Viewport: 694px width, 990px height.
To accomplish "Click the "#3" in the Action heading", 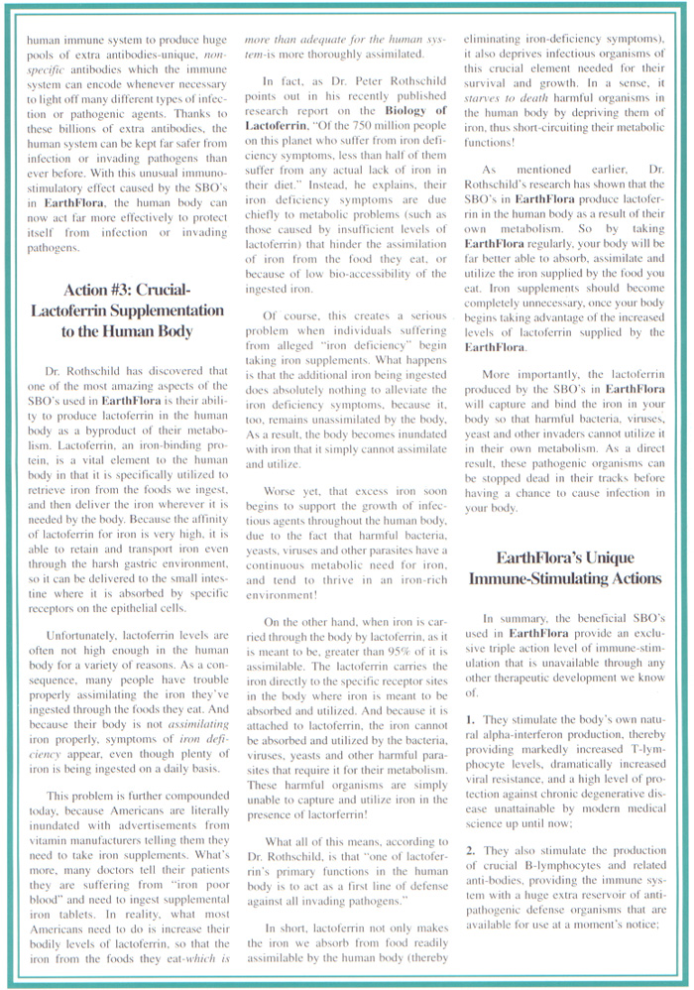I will [x=118, y=290].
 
